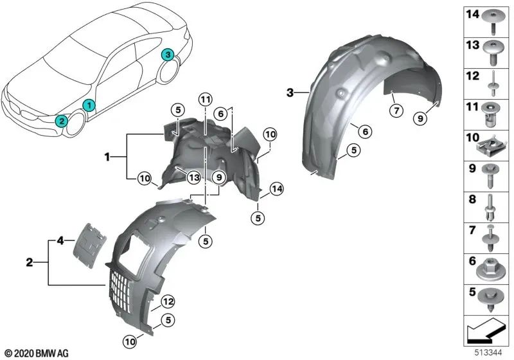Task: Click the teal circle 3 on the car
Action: pos(168,55)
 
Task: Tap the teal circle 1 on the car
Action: pos(89,105)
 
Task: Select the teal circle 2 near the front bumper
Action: pos(61,122)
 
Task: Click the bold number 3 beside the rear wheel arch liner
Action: pos(290,93)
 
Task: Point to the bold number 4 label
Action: pos(60,241)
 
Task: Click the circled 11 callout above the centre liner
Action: pos(205,100)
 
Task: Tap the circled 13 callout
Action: pos(194,177)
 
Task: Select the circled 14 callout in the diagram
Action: pos(277,189)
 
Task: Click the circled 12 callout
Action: pos(168,301)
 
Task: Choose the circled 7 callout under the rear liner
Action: pos(396,111)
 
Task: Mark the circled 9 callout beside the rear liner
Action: pos(421,118)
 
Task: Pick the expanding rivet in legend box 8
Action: pos(490,208)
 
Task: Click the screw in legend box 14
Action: pos(493,22)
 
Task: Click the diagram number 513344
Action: pos(488,352)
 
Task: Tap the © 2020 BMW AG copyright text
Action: pos(37,354)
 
